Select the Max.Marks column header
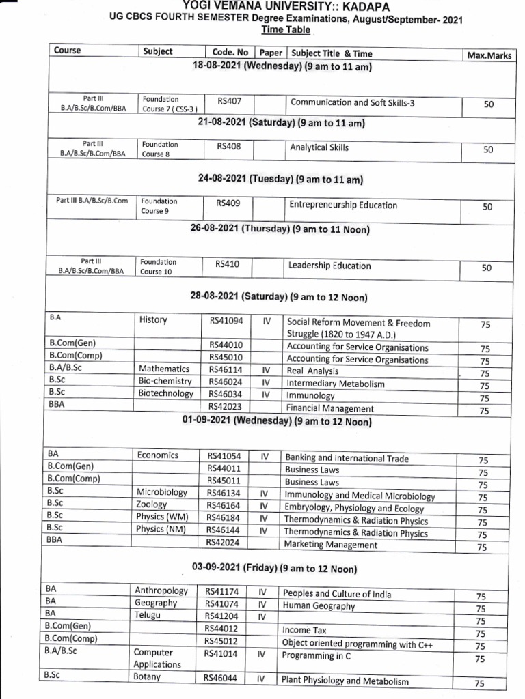coord(489,55)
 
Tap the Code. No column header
coord(229,53)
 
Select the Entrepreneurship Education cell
coord(342,205)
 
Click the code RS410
coord(227,263)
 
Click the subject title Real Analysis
coord(314,371)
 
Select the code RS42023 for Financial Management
coord(226,408)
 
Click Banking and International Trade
coord(347,459)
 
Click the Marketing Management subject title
coord(331,545)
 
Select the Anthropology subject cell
coord(161,591)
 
